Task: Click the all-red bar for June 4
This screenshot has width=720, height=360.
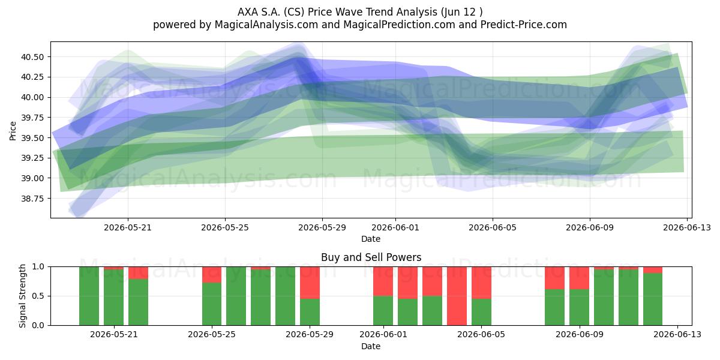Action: pos(457,296)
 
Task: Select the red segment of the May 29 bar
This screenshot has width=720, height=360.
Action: pos(310,283)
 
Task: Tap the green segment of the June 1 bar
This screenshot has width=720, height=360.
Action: pos(383,311)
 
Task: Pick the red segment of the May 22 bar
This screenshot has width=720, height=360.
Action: pos(138,273)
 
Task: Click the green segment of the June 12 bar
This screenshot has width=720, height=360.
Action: pos(653,299)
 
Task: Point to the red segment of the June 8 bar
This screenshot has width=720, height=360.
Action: pos(555,278)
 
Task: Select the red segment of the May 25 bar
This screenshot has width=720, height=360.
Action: pos(212,275)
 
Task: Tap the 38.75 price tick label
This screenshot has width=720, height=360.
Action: pos(32,199)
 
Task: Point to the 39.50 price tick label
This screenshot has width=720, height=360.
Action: pos(32,138)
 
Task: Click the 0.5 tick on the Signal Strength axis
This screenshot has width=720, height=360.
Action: pos(38,296)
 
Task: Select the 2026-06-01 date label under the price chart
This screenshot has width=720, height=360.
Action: pos(395,228)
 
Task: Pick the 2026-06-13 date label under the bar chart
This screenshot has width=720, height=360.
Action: pos(677,335)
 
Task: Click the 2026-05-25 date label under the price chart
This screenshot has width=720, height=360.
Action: pos(225,228)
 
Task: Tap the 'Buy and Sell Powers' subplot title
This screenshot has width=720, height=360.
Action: pos(371,257)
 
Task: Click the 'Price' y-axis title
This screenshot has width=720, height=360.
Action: pos(13,131)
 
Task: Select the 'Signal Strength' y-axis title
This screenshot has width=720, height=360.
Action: pos(22,296)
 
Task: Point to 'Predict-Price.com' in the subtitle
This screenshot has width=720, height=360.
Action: pos(524,25)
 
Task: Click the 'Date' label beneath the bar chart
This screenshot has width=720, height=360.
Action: pos(371,347)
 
